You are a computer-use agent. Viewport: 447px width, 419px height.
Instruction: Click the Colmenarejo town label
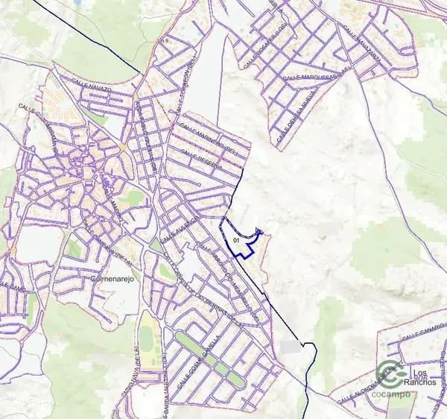(110, 279)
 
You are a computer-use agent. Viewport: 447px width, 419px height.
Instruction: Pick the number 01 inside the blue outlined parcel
(236, 241)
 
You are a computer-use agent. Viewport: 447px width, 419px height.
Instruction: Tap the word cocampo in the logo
(391, 393)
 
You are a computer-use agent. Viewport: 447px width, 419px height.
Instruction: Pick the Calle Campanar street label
(112, 249)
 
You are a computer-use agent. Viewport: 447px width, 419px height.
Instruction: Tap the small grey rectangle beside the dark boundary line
(291, 347)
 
